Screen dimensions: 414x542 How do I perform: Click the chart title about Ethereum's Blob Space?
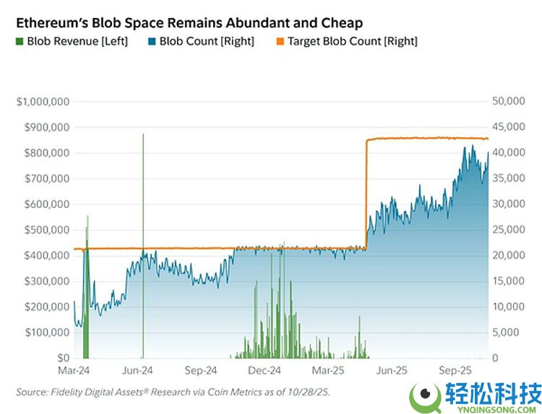click(x=189, y=23)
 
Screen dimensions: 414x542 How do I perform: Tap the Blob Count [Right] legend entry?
click(x=203, y=41)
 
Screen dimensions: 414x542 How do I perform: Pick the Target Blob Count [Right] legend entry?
click(x=352, y=41)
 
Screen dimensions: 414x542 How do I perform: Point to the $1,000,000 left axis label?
click(x=43, y=102)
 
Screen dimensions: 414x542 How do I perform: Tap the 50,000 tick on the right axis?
click(x=508, y=102)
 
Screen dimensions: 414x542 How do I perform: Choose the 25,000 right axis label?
click(x=508, y=230)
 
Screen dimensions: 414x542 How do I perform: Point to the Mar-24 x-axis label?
click(x=74, y=371)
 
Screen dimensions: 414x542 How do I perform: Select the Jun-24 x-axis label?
click(x=137, y=371)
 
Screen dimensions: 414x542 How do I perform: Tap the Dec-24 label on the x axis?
click(x=264, y=371)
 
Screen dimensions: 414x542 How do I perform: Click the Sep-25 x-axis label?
click(x=455, y=371)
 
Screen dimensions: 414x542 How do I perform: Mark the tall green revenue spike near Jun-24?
click(x=143, y=217)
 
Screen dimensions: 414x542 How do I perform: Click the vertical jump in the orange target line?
click(x=366, y=195)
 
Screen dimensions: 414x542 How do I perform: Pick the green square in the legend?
click(x=20, y=41)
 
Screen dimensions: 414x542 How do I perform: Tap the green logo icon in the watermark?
click(x=426, y=397)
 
